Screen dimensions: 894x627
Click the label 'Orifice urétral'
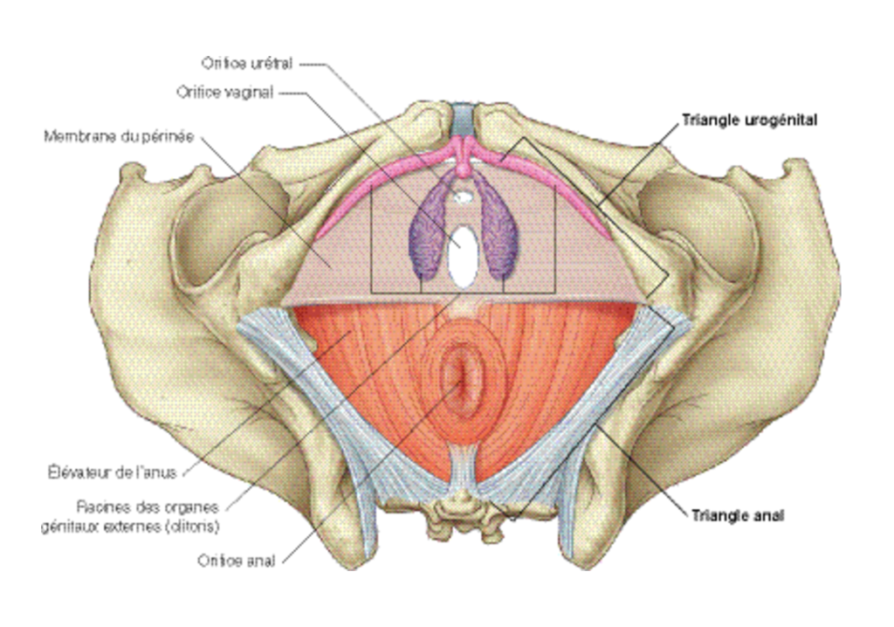coord(247,63)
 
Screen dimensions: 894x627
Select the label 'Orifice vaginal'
coord(224,93)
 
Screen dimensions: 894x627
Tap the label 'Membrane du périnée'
coord(119,137)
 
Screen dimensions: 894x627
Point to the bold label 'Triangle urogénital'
coord(750,121)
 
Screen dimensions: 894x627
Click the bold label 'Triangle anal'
coord(738,516)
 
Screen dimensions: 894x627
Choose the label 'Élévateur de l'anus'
coord(113,472)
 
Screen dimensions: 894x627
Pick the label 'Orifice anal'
coord(236,561)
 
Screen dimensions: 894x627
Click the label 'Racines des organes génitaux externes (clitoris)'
coord(131,516)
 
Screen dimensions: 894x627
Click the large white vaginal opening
coord(463,257)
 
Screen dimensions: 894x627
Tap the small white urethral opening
coord(464,196)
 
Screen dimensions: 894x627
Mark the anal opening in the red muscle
coord(463,378)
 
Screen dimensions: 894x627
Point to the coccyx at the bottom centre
coord(464,516)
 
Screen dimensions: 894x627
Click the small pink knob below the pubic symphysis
coord(464,169)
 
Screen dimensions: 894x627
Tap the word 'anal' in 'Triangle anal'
coord(769,516)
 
